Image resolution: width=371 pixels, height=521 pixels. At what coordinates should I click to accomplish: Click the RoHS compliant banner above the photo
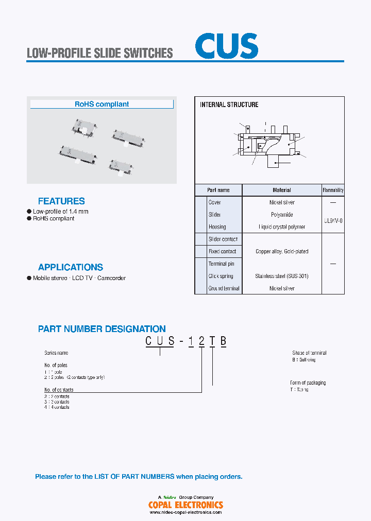102,104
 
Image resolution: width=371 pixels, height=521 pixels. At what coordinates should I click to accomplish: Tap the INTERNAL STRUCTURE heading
229,105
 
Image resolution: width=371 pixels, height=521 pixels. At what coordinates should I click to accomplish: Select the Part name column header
218,190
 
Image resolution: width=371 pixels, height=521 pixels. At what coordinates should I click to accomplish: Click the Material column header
281,190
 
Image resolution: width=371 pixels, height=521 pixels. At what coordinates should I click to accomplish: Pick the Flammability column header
333,190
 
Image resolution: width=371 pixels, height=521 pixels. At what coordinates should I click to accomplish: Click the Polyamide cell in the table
281,215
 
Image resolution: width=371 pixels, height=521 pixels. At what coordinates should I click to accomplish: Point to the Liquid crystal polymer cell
281,227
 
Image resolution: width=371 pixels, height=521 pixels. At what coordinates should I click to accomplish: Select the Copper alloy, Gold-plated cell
281,252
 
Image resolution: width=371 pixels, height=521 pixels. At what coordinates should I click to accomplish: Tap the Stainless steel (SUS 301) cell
281,276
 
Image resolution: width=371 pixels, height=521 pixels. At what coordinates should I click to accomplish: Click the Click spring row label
221,276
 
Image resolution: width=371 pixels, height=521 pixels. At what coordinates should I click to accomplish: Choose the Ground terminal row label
224,289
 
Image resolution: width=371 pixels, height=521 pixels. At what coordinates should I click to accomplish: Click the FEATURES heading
61,201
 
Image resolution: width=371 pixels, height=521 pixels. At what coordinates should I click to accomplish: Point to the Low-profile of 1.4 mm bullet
60,212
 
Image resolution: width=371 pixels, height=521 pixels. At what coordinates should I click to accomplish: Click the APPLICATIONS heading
71,267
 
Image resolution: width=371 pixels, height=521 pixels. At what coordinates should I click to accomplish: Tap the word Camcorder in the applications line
111,278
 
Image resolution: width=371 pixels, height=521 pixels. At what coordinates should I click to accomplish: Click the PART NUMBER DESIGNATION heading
102,329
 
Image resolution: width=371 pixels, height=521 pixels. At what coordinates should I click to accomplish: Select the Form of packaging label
308,383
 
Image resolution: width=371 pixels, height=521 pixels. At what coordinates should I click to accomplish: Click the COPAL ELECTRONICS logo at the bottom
185,505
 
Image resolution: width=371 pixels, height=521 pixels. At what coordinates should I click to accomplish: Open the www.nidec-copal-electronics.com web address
185,512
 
